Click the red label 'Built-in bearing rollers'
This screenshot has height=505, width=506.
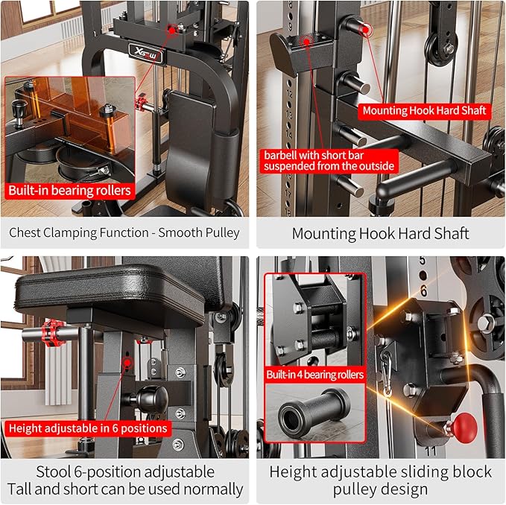(x=69, y=190)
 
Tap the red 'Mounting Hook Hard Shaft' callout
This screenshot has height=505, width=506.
(x=424, y=110)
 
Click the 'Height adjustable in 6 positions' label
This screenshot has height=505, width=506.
(x=87, y=428)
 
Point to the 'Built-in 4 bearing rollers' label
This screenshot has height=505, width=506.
(x=315, y=374)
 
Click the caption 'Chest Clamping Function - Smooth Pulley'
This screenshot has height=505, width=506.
(x=124, y=232)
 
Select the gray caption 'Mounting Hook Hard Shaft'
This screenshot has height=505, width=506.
(x=380, y=233)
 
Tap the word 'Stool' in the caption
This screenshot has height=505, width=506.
(x=54, y=471)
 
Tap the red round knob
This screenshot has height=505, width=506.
(x=464, y=427)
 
